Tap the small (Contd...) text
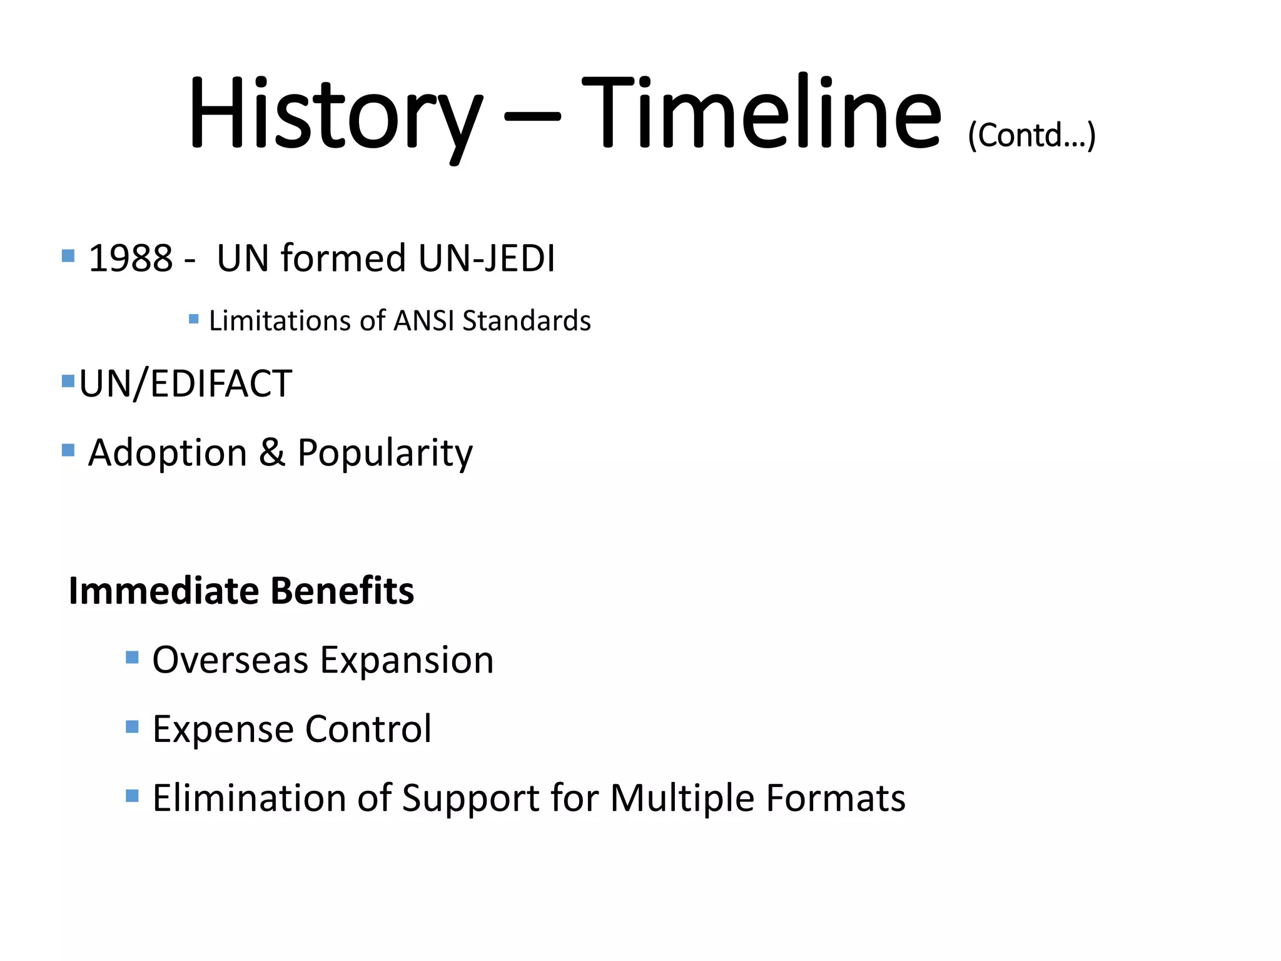[x=1031, y=135]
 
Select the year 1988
[x=130, y=258]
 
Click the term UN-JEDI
[x=487, y=258]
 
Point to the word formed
[x=343, y=258]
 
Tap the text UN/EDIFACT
[x=186, y=384]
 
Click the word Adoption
[x=167, y=454]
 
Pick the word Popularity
[x=385, y=454]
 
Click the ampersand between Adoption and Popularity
[x=272, y=452]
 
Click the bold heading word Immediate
[x=163, y=591]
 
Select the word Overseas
[x=230, y=661]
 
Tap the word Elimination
[x=249, y=798]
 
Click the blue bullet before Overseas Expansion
[x=132, y=657]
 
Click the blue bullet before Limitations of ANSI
[x=194, y=319]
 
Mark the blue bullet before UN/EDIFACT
[x=68, y=381]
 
